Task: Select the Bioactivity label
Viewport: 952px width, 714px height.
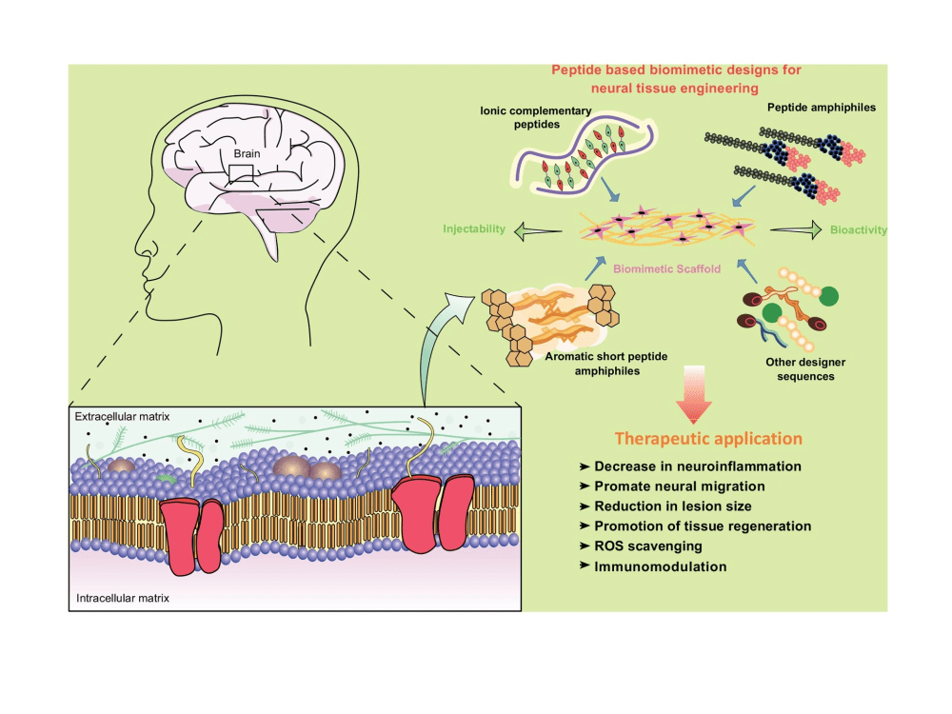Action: tap(858, 229)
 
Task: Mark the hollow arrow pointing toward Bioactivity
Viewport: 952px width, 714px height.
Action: tap(795, 229)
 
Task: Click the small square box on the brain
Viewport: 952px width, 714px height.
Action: tap(241, 172)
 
